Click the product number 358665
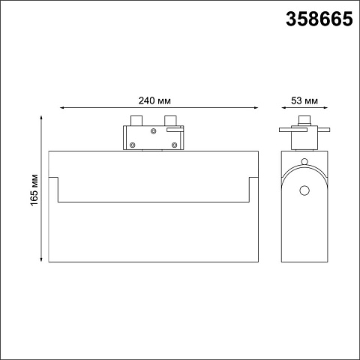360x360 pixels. coord(319,19)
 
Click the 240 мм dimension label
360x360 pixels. coord(154,101)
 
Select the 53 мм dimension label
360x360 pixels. coord(304,101)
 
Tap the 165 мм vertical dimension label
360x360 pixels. coord(34,190)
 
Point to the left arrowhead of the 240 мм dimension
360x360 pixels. coord(62,108)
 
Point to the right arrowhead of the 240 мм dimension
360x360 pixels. coord(256,108)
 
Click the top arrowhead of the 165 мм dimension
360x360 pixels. coord(41,118)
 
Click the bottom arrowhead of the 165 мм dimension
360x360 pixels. coord(41,259)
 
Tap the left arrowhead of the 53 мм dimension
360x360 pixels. coord(284,108)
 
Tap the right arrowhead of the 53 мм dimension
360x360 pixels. coord(325,108)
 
